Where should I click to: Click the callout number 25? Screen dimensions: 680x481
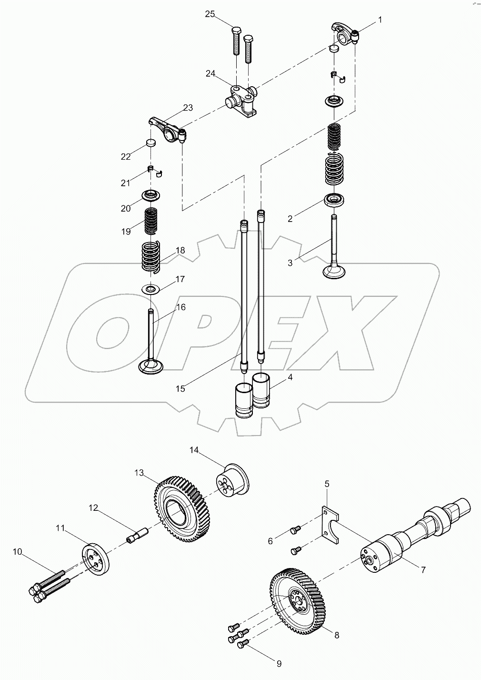[x=210, y=14]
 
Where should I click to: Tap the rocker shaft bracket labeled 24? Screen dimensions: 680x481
[x=243, y=99]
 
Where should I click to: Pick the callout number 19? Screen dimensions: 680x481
[x=126, y=232]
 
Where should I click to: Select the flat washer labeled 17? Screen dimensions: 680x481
[x=151, y=289]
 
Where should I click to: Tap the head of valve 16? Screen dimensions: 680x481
[x=150, y=366]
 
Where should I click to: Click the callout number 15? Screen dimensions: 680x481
[x=180, y=389]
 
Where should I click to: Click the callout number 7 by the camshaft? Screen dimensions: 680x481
[x=422, y=569]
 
